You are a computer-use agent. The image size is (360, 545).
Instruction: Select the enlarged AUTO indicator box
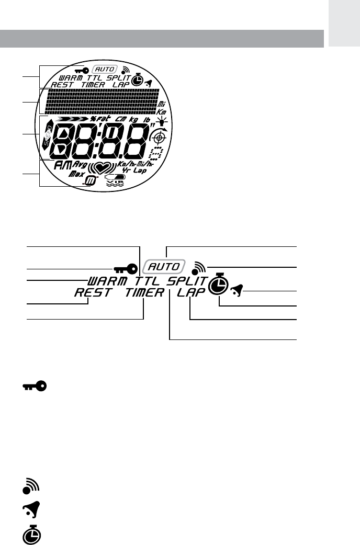click(165, 266)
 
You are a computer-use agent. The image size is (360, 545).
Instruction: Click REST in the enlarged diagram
click(92, 293)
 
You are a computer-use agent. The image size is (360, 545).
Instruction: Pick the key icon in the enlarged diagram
click(126, 269)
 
